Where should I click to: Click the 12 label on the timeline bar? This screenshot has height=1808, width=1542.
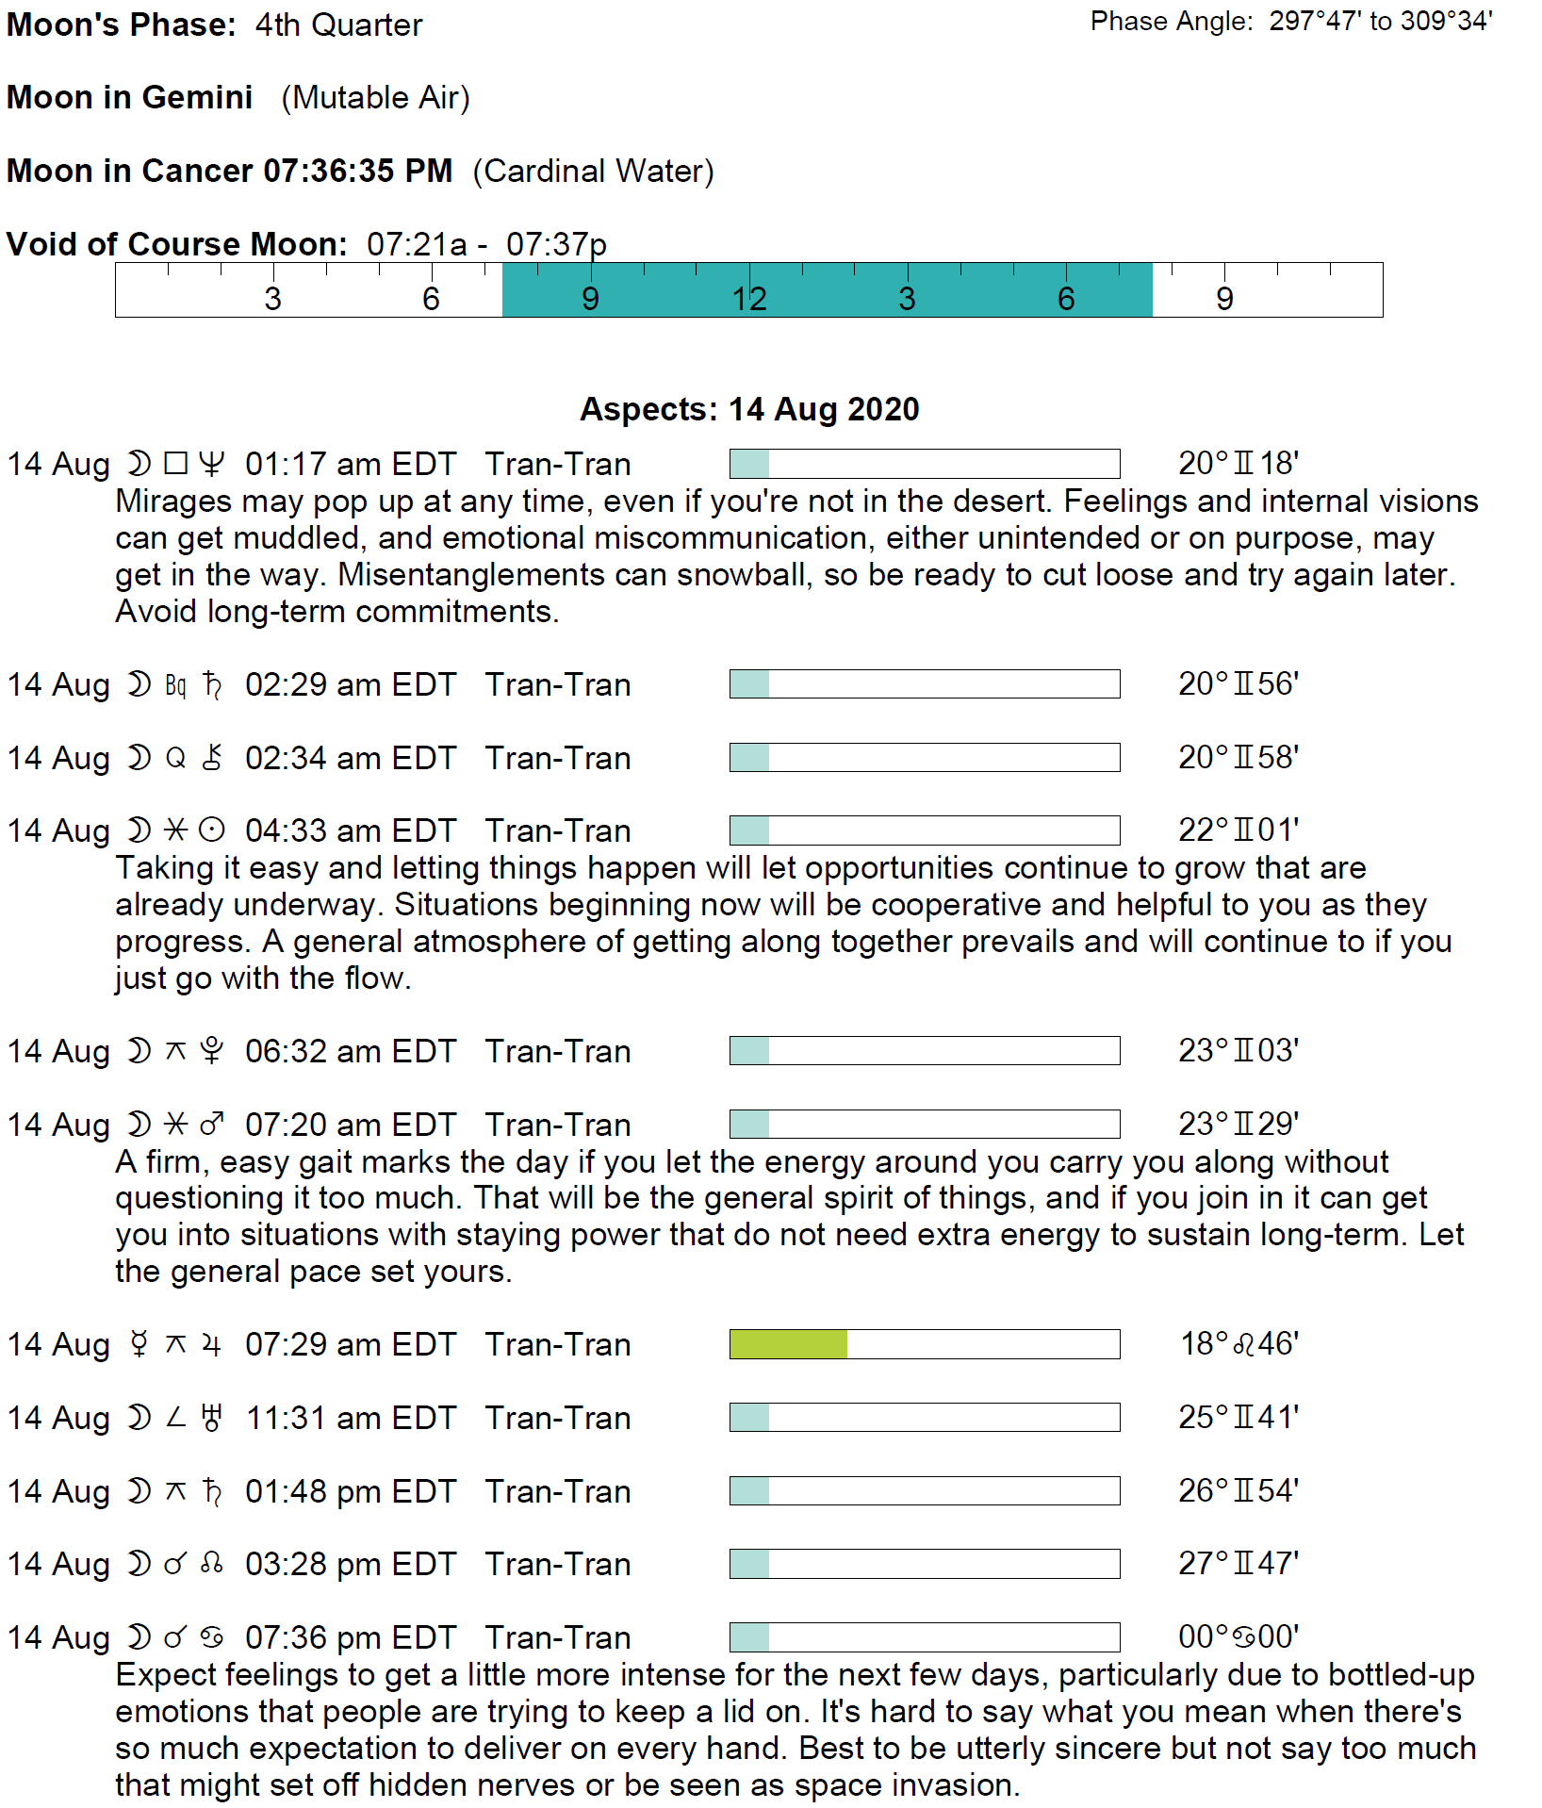click(x=749, y=299)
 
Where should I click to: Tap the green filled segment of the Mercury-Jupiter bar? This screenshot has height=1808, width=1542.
click(x=788, y=1344)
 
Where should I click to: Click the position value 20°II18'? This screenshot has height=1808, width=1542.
click(x=1238, y=464)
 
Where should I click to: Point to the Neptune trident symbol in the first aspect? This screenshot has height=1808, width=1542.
click(x=212, y=464)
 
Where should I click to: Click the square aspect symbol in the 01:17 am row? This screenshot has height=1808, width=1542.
click(x=175, y=464)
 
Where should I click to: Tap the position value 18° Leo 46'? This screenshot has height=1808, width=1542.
click(x=1239, y=1344)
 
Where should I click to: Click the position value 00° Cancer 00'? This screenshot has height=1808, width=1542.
click(x=1238, y=1637)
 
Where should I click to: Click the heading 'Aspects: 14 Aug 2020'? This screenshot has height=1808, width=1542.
click(x=749, y=409)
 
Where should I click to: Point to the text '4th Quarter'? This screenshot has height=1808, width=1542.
click(x=338, y=25)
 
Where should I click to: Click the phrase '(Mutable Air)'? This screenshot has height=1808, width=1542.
click(x=375, y=98)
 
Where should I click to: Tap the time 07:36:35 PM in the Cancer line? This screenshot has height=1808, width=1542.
click(x=357, y=172)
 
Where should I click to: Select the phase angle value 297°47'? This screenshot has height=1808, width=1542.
click(x=1315, y=22)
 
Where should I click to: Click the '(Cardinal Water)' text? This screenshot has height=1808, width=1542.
click(x=593, y=172)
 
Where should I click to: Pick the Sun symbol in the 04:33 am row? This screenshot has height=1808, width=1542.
click(x=212, y=830)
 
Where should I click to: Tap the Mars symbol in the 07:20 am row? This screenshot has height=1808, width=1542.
click(x=212, y=1125)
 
